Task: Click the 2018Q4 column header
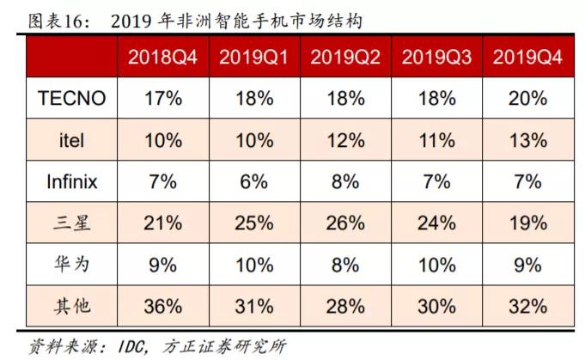click(x=163, y=58)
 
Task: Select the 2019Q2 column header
click(x=345, y=58)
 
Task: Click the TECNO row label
click(x=71, y=99)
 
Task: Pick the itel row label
click(x=71, y=140)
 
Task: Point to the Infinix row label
click(x=71, y=182)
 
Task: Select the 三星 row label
click(x=71, y=223)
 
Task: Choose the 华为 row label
click(x=71, y=265)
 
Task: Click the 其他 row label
click(x=71, y=306)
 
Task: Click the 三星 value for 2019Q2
click(x=345, y=223)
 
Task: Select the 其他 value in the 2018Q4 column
click(x=163, y=306)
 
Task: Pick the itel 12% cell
click(x=345, y=140)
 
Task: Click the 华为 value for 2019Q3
click(x=436, y=265)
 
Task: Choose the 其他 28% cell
click(x=345, y=306)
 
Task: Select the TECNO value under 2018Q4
click(x=163, y=99)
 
